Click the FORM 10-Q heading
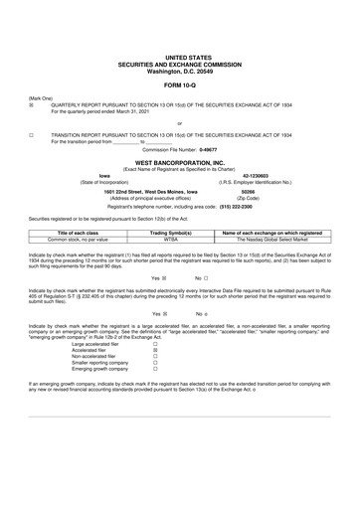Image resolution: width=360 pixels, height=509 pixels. [180, 82]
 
